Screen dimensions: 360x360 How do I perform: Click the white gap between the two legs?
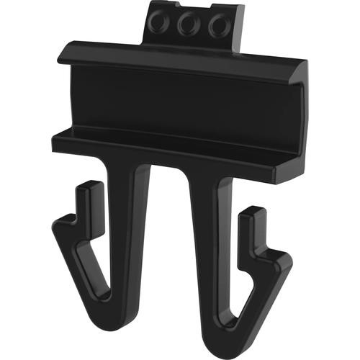pos(169,238)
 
